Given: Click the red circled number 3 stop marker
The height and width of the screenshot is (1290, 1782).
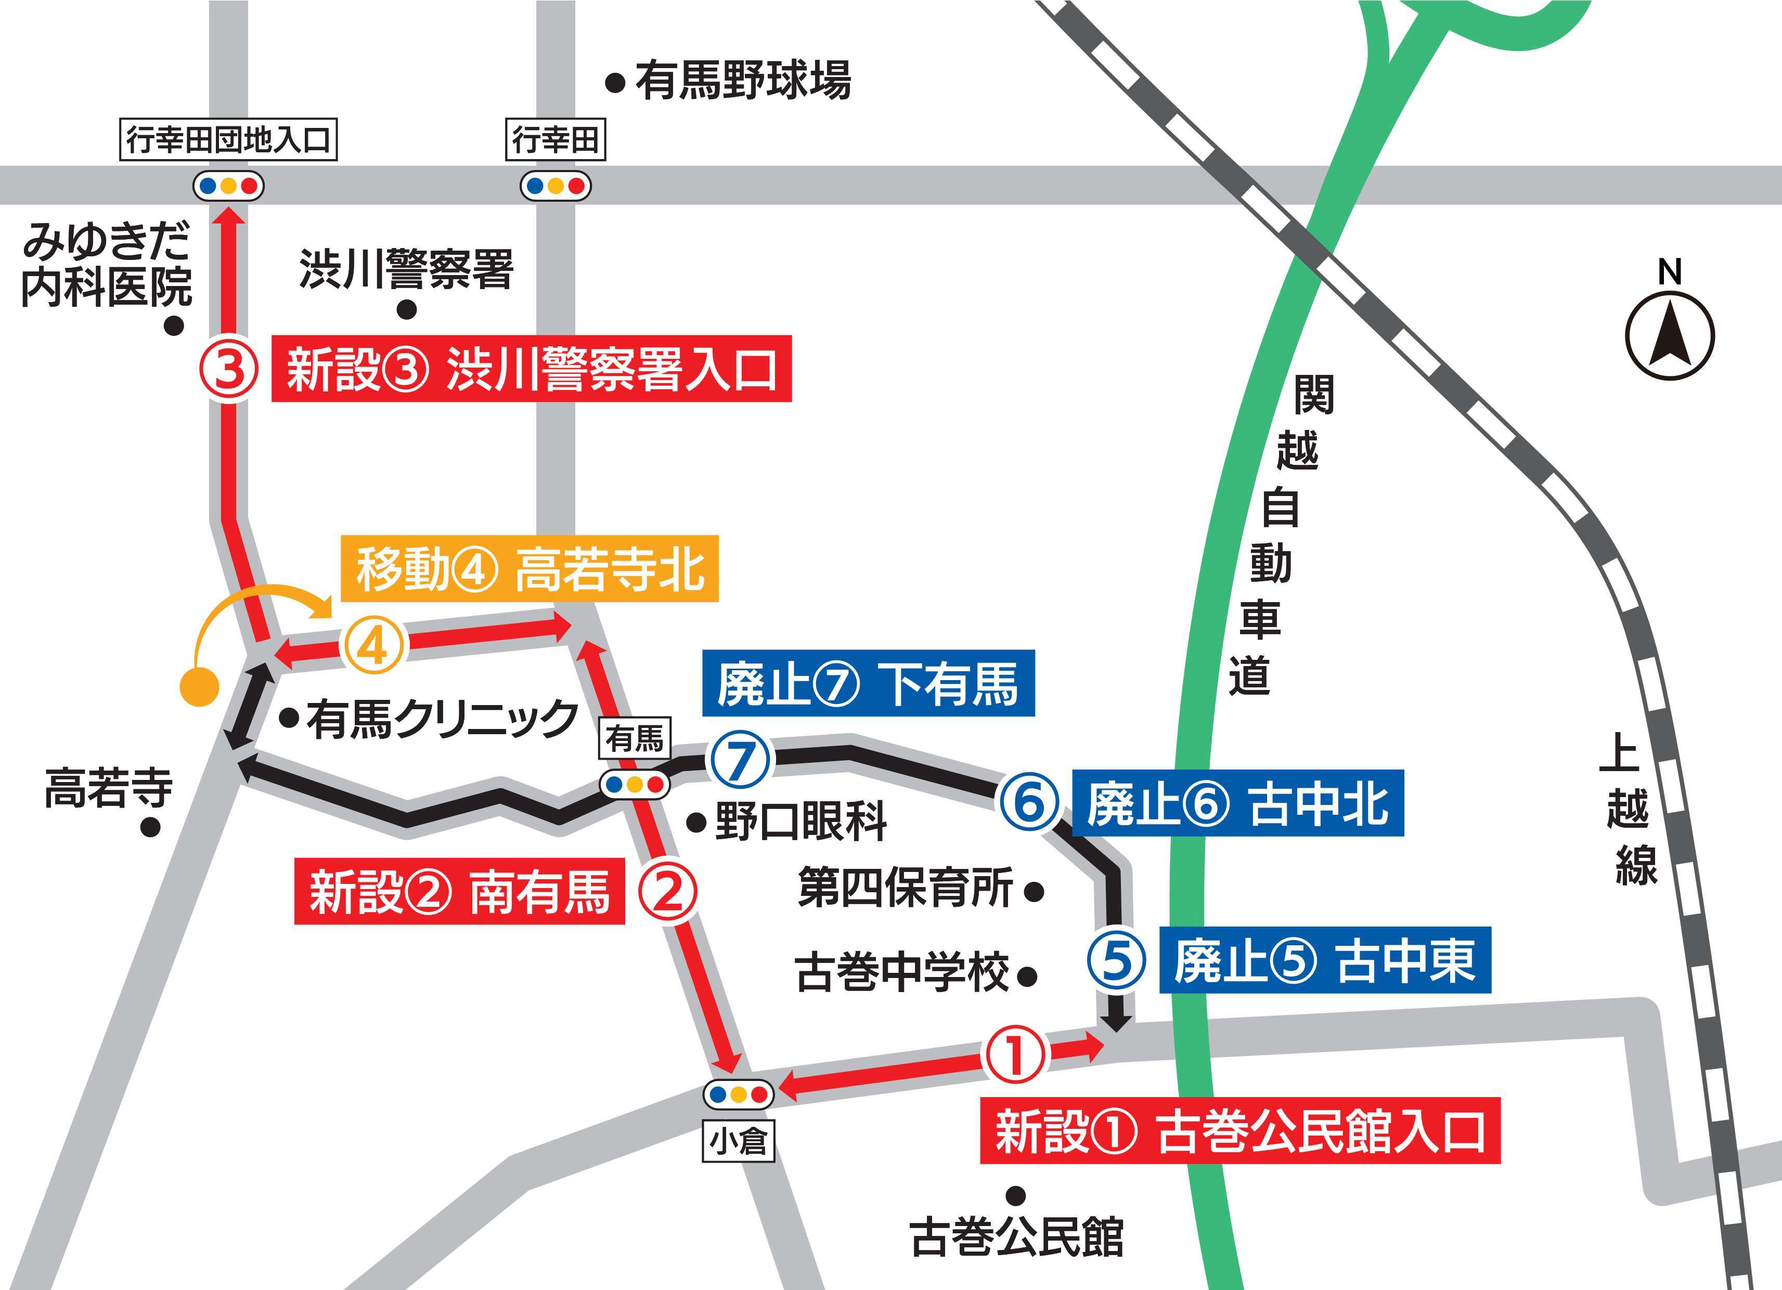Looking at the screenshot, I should click(x=228, y=369).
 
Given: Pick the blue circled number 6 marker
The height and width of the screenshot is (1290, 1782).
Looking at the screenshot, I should click(x=1030, y=803).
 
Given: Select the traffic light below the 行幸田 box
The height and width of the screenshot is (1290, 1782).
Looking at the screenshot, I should click(x=556, y=186).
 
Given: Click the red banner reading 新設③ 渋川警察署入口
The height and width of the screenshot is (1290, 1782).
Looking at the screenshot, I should click(x=531, y=369).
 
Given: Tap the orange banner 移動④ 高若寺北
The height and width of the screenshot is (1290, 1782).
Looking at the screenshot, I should click(x=530, y=569).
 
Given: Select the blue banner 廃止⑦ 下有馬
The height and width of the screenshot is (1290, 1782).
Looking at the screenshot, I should click(x=868, y=684).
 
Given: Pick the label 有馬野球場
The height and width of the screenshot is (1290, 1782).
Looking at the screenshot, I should click(x=742, y=81).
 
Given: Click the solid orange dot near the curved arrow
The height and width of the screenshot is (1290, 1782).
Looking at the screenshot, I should click(x=199, y=686).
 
